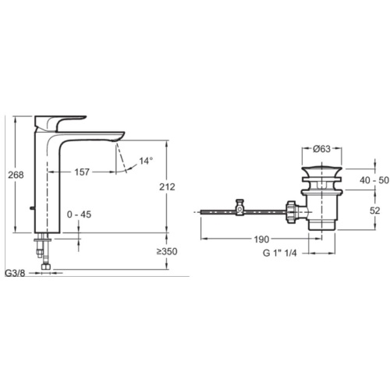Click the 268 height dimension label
(x=16, y=175)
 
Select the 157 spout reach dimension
(x=82, y=172)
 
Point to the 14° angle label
(x=146, y=161)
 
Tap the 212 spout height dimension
(x=167, y=186)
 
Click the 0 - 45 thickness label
(x=79, y=214)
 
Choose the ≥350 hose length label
(x=167, y=251)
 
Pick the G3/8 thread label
(x=15, y=274)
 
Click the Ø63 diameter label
(x=321, y=149)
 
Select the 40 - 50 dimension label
(x=374, y=180)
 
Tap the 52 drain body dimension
(x=374, y=211)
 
